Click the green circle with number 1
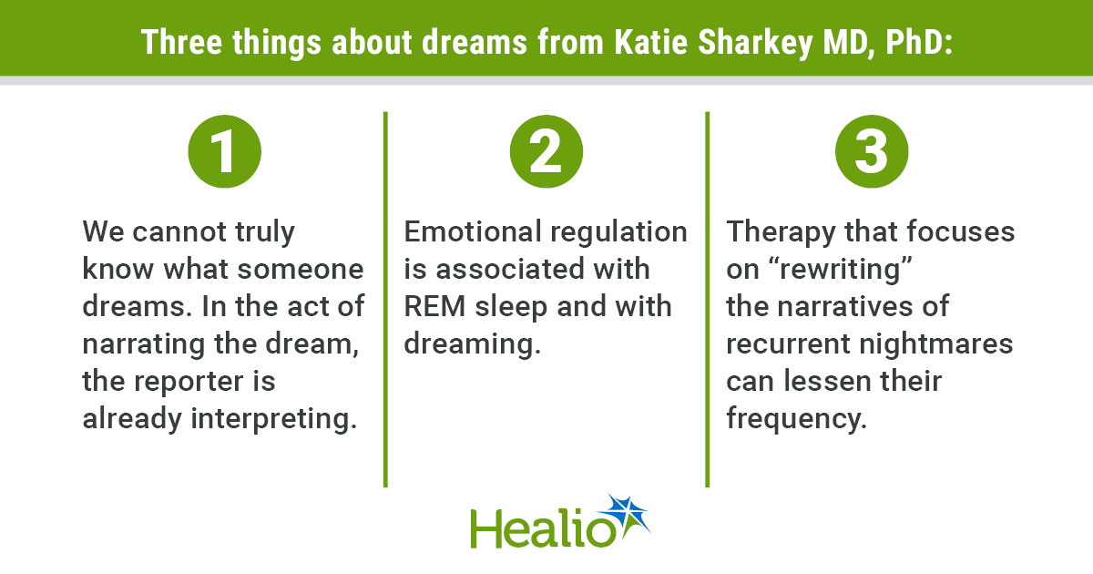224,151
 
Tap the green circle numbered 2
546,151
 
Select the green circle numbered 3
872,151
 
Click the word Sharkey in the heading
755,43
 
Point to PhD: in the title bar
919,42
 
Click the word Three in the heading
181,42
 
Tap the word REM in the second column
434,306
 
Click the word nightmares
936,343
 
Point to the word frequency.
796,420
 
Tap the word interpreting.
274,420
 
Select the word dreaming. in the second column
473,344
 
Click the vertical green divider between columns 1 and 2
385,299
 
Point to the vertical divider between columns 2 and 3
708,299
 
